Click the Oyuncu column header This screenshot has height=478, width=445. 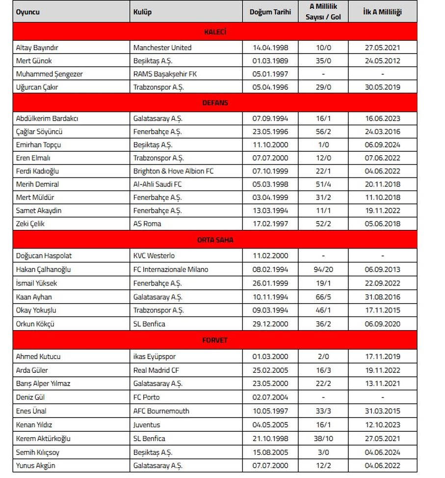coord(28,12)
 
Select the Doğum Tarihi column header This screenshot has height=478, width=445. coord(270,12)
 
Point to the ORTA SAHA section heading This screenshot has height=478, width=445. coord(215,240)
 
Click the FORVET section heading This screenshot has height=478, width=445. coord(215,340)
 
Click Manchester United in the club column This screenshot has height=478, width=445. coord(162,48)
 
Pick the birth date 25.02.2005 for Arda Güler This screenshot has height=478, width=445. coord(270,370)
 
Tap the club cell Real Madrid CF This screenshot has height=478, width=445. coord(156,370)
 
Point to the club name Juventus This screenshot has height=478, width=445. coord(147,424)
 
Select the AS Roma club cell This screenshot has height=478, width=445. coord(147,224)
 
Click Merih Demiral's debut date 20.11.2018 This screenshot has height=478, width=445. coord(382,184)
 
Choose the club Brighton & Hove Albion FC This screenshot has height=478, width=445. coord(173,171)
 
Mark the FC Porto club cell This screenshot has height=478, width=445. coord(147,397)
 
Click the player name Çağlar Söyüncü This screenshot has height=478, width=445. coord(39,132)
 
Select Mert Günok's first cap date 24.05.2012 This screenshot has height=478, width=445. coord(382,61)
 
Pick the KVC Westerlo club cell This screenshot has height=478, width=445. coord(154,255)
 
